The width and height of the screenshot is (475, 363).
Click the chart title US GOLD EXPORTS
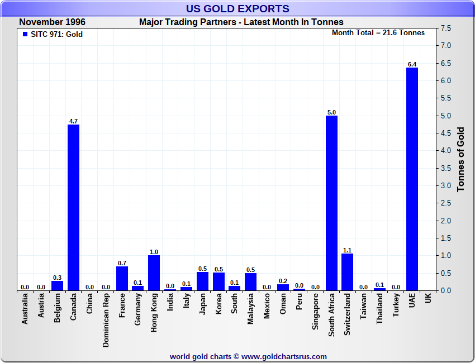(x=237, y=8)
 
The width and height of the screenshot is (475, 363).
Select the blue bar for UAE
(x=412, y=179)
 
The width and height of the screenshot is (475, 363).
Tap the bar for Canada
(x=73, y=207)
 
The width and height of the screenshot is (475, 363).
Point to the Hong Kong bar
(x=154, y=273)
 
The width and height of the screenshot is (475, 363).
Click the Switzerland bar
(x=348, y=272)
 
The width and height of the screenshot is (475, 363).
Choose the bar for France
(x=121, y=278)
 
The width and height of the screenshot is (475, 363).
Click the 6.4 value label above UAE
(x=412, y=64)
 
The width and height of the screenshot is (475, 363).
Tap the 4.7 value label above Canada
(x=73, y=121)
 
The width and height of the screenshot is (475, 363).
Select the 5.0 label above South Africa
(x=331, y=112)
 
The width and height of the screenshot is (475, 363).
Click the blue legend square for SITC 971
(x=25, y=34)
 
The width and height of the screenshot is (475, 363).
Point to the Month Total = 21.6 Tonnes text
(x=378, y=32)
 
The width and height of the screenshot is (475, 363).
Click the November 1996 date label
(x=53, y=22)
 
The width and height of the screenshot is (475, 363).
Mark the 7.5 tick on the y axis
(x=445, y=28)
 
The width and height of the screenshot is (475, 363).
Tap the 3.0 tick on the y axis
(x=445, y=185)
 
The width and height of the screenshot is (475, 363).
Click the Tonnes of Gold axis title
(x=461, y=160)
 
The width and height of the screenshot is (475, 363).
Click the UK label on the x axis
(x=428, y=299)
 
